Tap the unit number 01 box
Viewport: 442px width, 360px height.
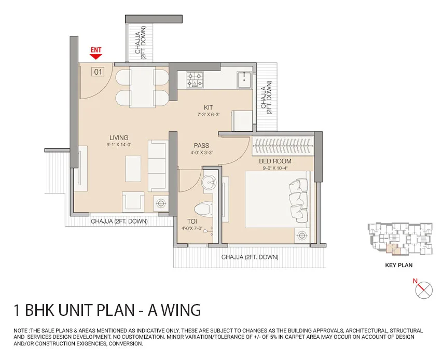(98, 72)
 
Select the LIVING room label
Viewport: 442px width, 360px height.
(119, 137)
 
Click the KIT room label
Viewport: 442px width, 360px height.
(209, 107)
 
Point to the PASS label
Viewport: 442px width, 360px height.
(202, 146)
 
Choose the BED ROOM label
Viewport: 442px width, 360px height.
(275, 161)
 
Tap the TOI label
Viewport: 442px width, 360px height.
(192, 221)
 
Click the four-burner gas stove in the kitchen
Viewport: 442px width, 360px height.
(195, 80)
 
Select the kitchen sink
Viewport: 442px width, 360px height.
(244, 80)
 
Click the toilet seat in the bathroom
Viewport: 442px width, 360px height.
(203, 209)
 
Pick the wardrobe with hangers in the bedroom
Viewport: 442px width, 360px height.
(283, 146)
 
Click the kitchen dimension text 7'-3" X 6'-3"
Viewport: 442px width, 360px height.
(209, 115)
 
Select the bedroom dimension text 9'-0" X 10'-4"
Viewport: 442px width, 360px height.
(275, 168)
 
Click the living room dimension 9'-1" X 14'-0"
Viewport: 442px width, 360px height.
(119, 145)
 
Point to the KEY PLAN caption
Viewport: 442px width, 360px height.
(398, 265)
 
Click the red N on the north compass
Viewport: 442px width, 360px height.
(415, 281)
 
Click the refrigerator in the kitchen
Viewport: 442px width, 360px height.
(242, 121)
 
